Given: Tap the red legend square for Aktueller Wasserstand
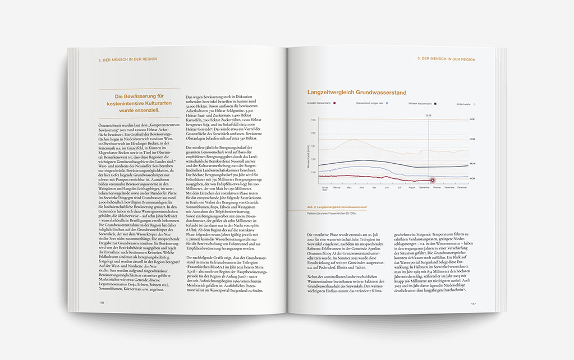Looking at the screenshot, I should click(x=335, y=104).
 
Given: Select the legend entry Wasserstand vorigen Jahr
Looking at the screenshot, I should click(x=370, y=104).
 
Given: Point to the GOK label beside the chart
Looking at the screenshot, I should click(x=472, y=119).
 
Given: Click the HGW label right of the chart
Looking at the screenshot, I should click(x=472, y=139).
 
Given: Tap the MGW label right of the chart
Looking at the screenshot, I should click(x=472, y=165).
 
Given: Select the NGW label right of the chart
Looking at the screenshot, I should click(x=472, y=178).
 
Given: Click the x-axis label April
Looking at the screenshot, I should click(x=362, y=187).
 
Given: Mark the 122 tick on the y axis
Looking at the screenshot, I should click(x=314, y=133).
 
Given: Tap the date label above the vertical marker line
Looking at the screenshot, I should click(x=428, y=115).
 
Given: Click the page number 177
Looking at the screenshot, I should click(x=473, y=303).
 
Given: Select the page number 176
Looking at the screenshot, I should click(x=102, y=301).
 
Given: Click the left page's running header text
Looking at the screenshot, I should click(x=127, y=59).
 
